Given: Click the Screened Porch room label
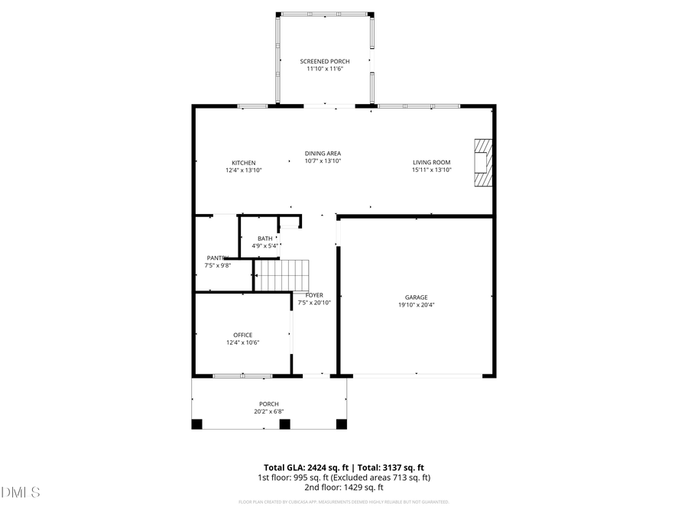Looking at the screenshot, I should point(321,61).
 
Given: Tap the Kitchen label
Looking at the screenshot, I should point(244,163).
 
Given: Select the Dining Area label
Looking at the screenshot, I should point(323,153).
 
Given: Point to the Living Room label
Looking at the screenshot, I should point(432,162).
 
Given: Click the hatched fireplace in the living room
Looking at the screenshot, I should point(482,163).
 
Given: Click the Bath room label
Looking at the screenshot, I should point(264,239).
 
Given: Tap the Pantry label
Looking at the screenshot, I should point(217,258).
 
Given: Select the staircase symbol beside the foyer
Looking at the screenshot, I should point(281,275).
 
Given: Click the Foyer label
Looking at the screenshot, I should point(314,295).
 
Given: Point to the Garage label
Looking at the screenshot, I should point(416,297).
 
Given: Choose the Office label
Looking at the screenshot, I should point(243,335).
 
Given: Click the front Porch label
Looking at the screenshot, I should point(268,404).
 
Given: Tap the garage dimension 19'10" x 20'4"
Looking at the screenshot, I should point(416,305).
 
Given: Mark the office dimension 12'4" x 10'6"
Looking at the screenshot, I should point(243,343).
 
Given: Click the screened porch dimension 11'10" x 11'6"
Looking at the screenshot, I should point(321,70).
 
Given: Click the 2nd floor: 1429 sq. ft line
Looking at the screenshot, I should point(343,487).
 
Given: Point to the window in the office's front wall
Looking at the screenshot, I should point(242,375).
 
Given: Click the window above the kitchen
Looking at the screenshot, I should point(252,105).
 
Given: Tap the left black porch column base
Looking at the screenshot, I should point(197,424).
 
